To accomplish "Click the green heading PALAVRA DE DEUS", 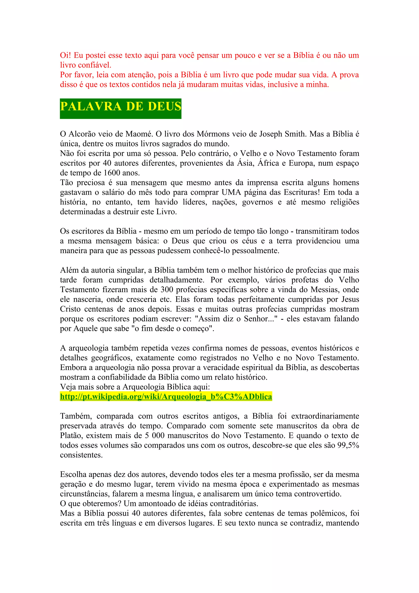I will (121, 107).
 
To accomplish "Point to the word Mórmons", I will (211, 134).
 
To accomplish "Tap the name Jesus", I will (350, 300).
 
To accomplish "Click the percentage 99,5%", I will (348, 445).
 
